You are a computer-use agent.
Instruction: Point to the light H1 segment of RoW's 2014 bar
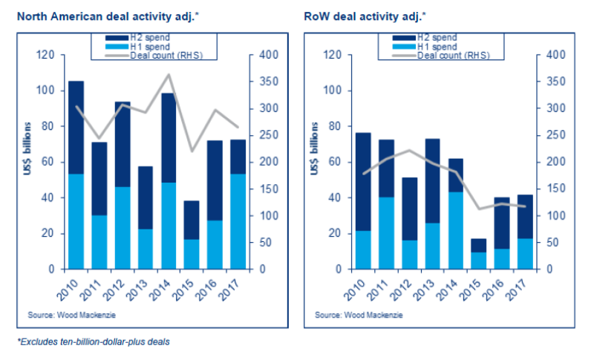[456, 230]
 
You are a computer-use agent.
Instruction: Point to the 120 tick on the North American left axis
[48, 55]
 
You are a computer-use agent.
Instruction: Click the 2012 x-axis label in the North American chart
[122, 284]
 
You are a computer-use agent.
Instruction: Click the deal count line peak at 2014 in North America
[169, 74]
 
